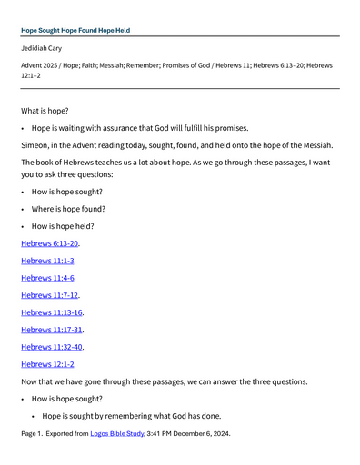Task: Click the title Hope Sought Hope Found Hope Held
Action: pos(75,30)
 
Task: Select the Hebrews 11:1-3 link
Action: pos(48,261)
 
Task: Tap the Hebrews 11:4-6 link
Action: pos(48,278)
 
